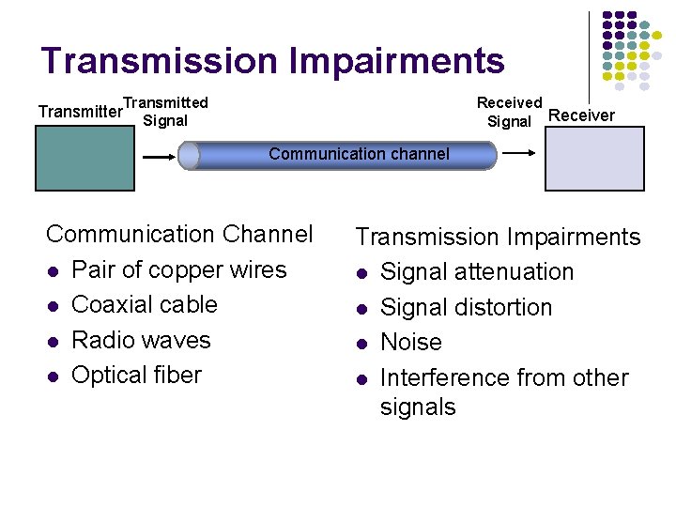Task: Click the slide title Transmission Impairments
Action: click(x=272, y=61)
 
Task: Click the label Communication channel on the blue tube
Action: click(x=359, y=154)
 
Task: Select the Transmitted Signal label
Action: click(x=165, y=111)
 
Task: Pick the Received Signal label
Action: click(x=509, y=112)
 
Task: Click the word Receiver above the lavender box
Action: click(x=581, y=115)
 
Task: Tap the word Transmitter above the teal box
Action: click(x=80, y=112)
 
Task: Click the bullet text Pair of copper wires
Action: click(x=178, y=269)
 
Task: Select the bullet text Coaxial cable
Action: click(x=144, y=304)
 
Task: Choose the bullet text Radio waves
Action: click(x=141, y=340)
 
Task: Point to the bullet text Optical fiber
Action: click(x=136, y=375)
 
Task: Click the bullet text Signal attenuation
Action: click(x=476, y=272)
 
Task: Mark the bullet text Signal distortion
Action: click(x=466, y=307)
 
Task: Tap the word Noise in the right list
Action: click(x=410, y=342)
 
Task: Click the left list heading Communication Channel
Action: click(x=179, y=234)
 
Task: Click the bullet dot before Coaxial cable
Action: click(x=54, y=306)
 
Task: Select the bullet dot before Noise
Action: click(x=361, y=344)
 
